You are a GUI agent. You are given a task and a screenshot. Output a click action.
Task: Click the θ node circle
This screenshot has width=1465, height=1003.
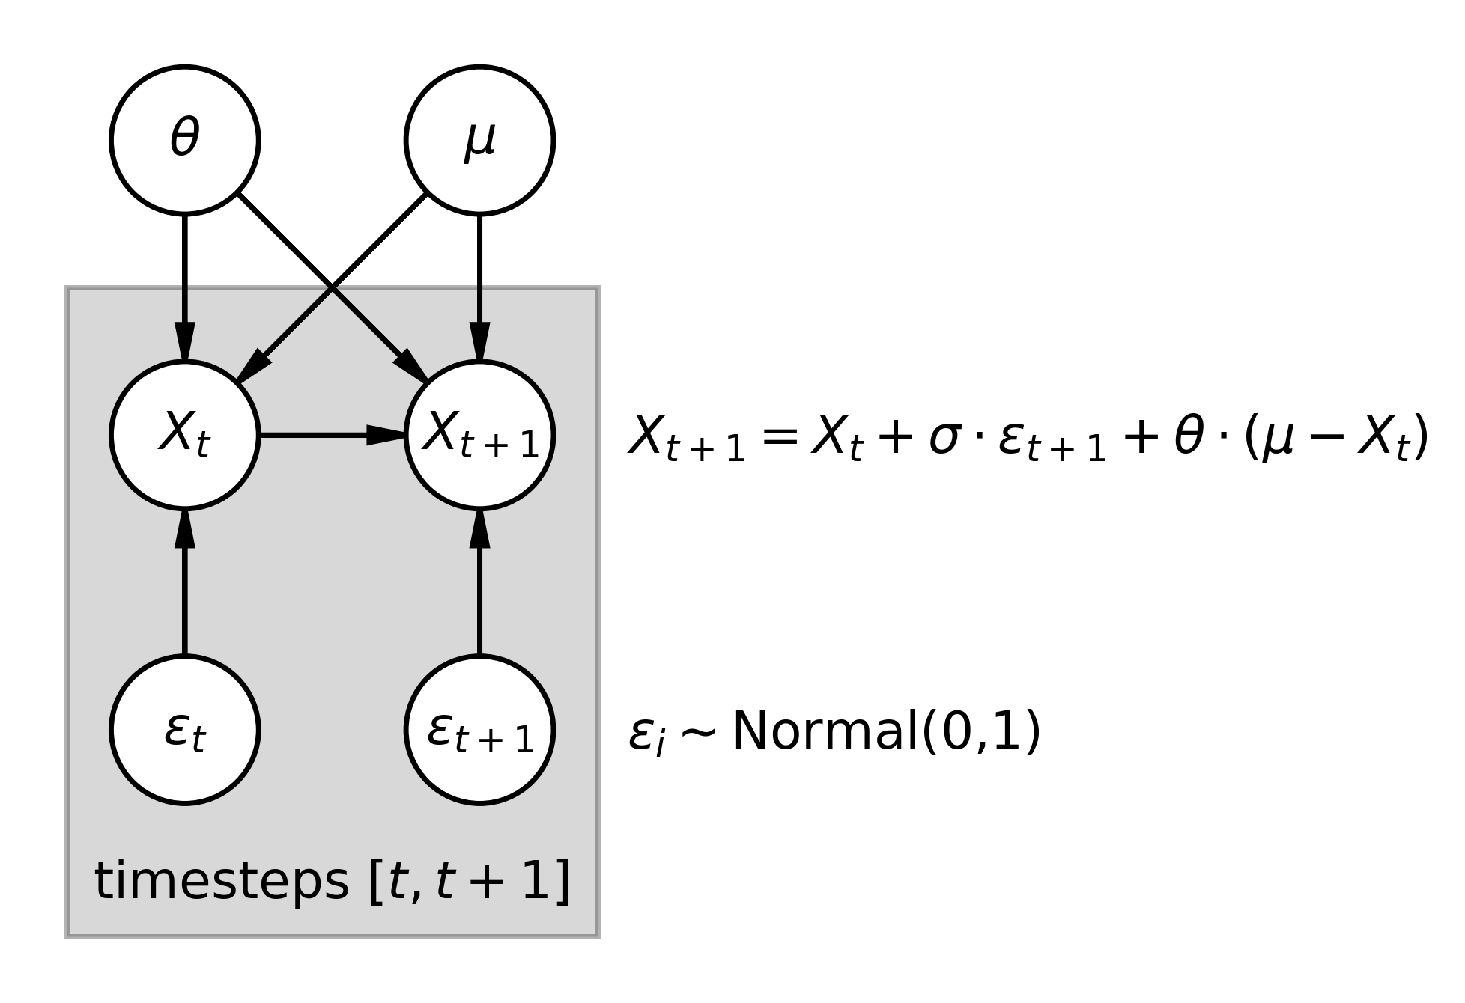tap(185, 140)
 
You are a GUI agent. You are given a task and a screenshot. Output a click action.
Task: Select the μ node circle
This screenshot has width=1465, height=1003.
tap(479, 140)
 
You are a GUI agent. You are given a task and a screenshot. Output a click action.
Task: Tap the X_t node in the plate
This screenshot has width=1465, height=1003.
tap(185, 435)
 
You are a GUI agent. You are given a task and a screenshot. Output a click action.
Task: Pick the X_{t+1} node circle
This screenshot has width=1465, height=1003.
tap(479, 435)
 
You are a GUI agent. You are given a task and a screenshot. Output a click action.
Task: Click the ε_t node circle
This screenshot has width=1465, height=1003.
tap(185, 730)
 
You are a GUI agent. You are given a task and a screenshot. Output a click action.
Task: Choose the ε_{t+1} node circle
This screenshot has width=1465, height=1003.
tap(479, 730)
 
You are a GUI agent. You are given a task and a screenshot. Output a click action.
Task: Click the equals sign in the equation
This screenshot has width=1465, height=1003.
tap(778, 436)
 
